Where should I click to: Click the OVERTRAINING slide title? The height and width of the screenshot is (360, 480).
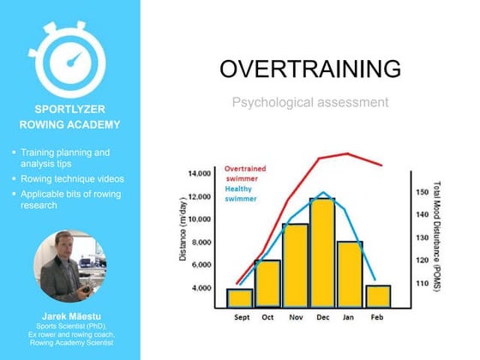point(309,69)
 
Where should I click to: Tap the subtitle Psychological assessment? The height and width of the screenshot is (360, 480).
point(309,103)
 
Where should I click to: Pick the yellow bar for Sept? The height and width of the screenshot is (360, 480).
point(240,297)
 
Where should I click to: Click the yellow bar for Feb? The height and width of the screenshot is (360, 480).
point(378,296)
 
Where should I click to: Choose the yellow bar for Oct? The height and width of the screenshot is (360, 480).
point(267,283)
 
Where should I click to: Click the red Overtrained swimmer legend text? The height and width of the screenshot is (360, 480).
point(249,174)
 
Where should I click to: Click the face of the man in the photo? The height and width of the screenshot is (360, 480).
point(63,250)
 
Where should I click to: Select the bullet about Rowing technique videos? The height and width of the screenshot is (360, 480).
point(70,178)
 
